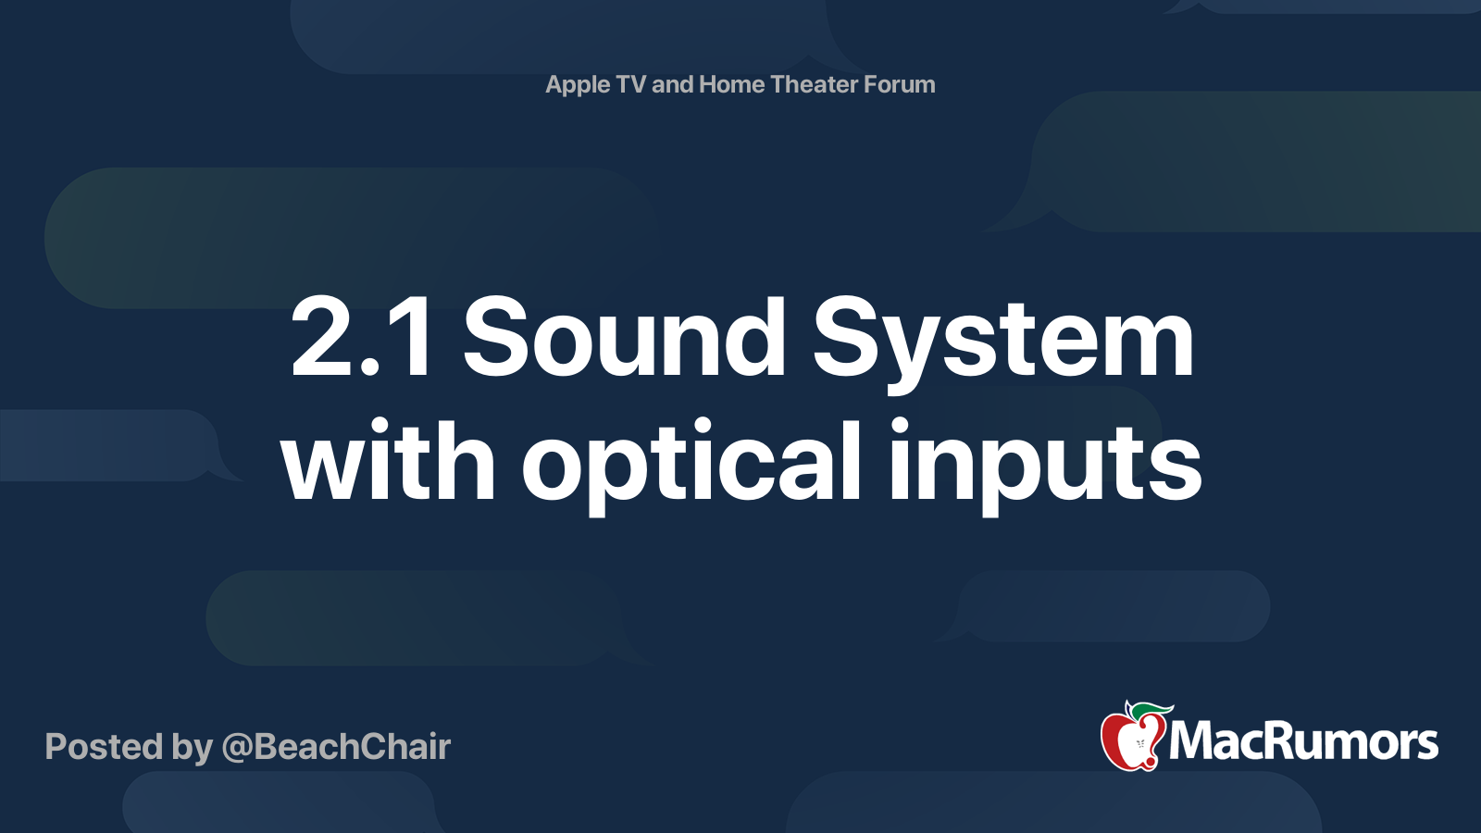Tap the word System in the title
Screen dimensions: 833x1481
pos(1003,340)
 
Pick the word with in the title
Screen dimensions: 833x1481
pos(389,460)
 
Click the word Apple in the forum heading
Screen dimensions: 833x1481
pos(578,85)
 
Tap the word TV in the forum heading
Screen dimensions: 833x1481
pos(630,84)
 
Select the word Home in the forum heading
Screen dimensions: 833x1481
pos(731,84)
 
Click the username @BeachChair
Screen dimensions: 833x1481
pos(336,747)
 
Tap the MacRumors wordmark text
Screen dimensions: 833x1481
pos(1303,742)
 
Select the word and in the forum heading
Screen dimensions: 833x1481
pos(672,84)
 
